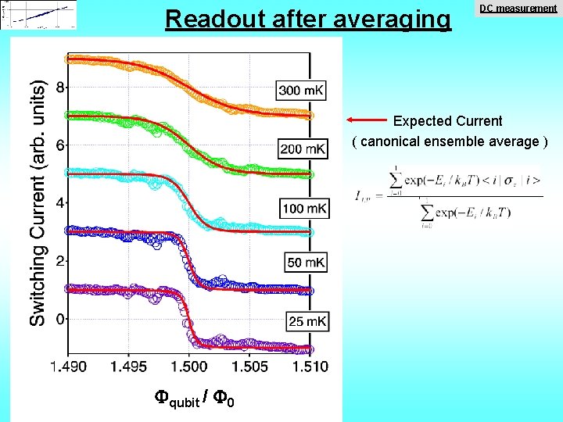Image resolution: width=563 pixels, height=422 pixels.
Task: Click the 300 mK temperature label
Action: coord(303,91)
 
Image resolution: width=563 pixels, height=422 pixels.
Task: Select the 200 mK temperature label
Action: coord(303,148)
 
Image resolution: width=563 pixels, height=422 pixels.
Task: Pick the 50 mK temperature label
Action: coord(306,262)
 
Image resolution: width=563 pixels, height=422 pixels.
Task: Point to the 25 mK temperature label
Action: coord(306,321)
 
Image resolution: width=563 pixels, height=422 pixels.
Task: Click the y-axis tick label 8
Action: coord(59,88)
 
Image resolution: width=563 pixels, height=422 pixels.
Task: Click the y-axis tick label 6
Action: coord(59,145)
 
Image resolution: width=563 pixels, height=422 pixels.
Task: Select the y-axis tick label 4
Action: coord(59,203)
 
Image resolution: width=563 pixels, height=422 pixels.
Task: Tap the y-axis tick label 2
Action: coord(59,261)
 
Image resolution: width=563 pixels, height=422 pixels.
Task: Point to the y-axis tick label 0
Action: coord(59,319)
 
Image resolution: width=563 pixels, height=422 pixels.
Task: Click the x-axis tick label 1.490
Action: coord(68,367)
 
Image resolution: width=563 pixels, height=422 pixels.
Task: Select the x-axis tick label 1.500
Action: coord(188,367)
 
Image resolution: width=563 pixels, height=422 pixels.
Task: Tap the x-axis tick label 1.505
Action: coord(250,367)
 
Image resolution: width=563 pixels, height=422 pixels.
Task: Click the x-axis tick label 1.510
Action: coord(310,367)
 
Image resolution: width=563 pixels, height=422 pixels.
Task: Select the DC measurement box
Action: coord(518,9)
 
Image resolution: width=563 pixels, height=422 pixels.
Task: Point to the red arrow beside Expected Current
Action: coord(368,120)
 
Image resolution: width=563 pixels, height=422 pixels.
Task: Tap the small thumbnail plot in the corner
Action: coord(39,15)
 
